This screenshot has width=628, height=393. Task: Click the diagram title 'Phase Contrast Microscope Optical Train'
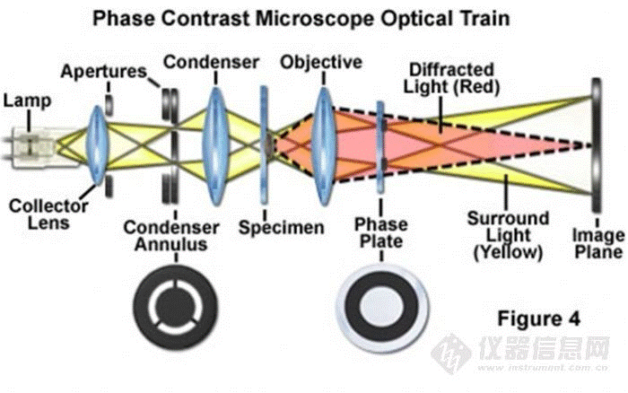(x=301, y=19)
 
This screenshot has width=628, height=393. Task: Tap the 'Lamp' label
(x=27, y=100)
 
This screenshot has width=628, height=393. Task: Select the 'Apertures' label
(x=104, y=72)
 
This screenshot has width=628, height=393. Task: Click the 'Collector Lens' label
(x=48, y=214)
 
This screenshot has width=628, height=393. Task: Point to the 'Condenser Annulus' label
(x=171, y=236)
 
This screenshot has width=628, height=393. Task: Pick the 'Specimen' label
(x=281, y=228)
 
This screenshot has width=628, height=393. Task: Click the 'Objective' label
(x=321, y=63)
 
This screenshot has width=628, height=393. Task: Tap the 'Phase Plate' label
(x=381, y=232)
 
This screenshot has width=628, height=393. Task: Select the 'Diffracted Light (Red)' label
(x=451, y=78)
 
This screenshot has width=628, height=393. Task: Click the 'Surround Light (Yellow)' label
(x=509, y=236)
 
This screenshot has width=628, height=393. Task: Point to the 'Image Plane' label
(x=598, y=243)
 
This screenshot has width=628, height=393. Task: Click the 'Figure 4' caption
(x=538, y=319)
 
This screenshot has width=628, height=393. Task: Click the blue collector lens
(x=97, y=144)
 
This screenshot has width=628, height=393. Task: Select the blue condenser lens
(x=215, y=146)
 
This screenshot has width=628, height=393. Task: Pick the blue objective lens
(x=324, y=146)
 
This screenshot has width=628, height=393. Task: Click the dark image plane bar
(x=597, y=145)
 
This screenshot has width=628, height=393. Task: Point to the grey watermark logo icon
(x=451, y=354)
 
